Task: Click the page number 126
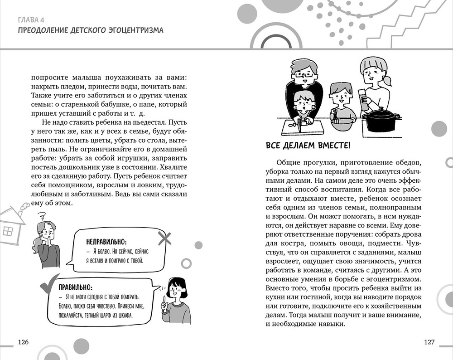point(22,342)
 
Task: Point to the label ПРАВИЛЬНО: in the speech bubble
point(76,287)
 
